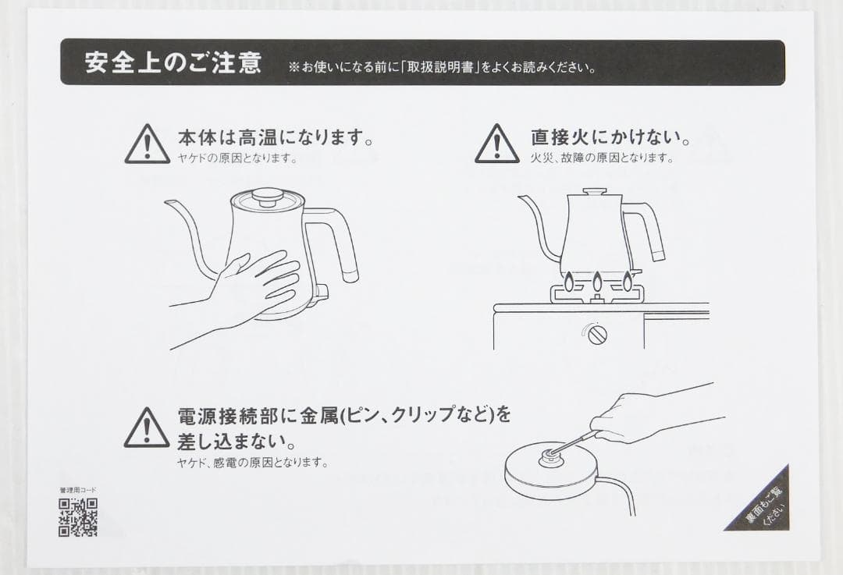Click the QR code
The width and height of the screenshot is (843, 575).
[x=77, y=517]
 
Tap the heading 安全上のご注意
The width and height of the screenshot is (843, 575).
[x=173, y=63]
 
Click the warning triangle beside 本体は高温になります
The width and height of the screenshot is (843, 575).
[x=147, y=145]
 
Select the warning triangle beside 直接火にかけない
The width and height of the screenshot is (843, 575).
[x=496, y=145]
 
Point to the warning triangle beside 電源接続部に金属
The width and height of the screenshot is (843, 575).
[x=147, y=428]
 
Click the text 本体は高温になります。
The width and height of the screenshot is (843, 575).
[x=275, y=138]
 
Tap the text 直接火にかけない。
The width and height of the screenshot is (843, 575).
[x=611, y=138]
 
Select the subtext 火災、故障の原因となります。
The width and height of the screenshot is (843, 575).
[x=601, y=158]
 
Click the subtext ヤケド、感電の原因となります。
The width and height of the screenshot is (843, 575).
[x=252, y=463]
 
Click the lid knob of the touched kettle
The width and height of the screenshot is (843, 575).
[x=267, y=196]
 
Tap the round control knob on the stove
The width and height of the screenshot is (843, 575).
[x=597, y=334]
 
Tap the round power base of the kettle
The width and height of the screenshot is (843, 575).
[x=551, y=473]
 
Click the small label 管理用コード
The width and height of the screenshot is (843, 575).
[x=77, y=490]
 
